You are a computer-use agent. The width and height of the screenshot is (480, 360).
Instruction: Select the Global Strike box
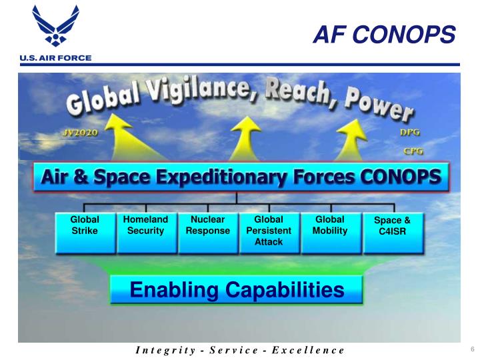point(85,232)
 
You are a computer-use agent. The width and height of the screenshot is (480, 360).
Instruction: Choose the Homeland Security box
point(146,232)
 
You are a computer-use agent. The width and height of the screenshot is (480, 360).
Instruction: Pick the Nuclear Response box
point(207,232)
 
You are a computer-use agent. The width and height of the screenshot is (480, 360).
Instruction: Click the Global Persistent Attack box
point(269,232)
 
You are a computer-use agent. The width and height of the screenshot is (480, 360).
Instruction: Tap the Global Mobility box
point(329,232)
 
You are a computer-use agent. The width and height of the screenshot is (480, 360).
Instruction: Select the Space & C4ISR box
point(392,232)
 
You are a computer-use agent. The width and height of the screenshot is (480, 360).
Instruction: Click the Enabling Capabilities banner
point(236,290)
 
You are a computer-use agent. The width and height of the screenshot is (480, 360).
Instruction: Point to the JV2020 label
point(79,133)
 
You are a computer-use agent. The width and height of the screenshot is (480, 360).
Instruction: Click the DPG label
point(408,133)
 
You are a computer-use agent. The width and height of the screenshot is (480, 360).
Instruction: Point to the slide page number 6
point(471,350)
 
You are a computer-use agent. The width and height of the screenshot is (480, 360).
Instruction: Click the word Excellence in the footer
point(310,350)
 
